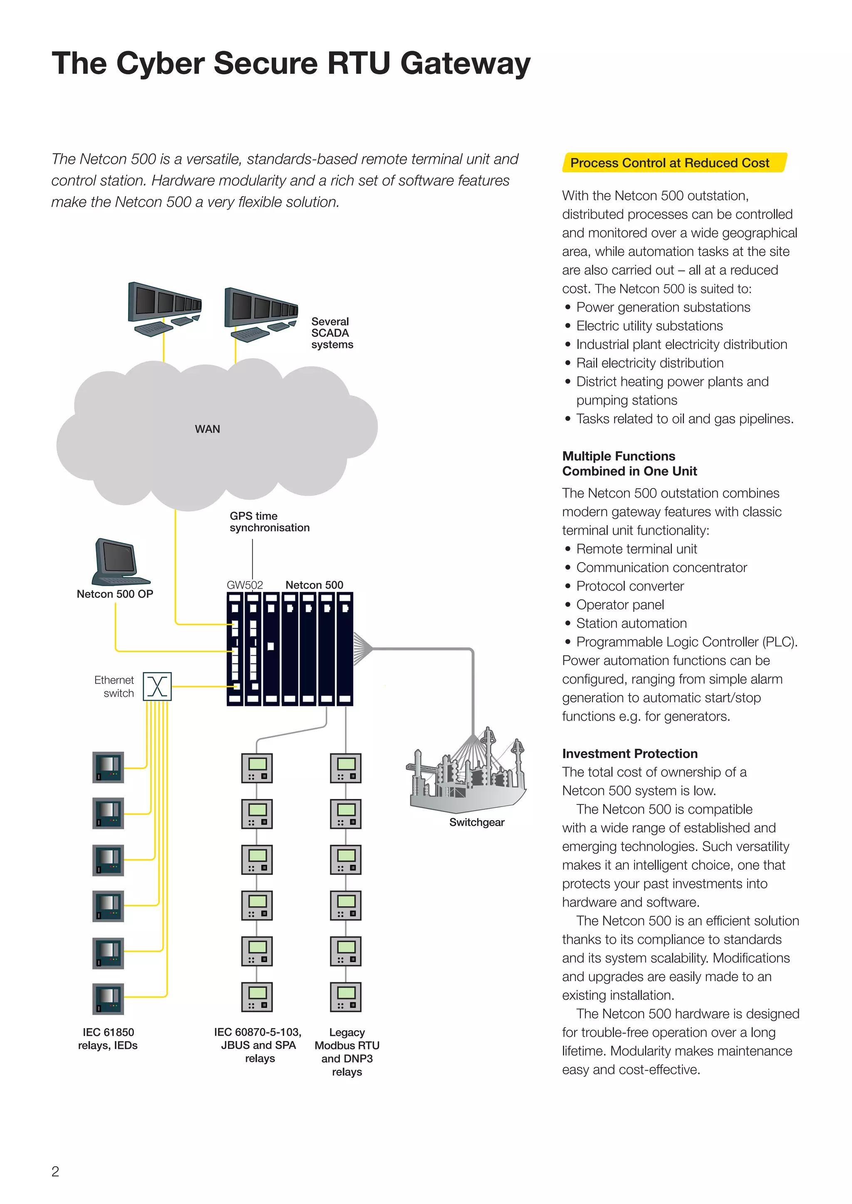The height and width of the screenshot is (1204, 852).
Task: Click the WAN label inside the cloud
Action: click(x=207, y=429)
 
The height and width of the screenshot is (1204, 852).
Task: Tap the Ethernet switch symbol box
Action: click(x=157, y=686)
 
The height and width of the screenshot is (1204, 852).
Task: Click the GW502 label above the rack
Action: click(x=245, y=585)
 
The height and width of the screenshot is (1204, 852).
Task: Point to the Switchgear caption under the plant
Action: click(x=476, y=822)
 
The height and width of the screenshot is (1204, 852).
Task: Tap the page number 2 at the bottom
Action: click(x=55, y=1171)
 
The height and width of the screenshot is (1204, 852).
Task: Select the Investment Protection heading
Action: click(x=629, y=754)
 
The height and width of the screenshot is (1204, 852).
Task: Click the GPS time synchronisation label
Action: click(x=269, y=522)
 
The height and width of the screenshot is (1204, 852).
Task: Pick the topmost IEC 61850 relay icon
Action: click(x=108, y=767)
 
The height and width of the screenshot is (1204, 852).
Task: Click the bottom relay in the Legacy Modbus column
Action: click(x=346, y=997)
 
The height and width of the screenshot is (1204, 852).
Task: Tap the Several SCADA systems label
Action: click(x=332, y=333)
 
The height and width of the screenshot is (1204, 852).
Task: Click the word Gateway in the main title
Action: click(x=465, y=64)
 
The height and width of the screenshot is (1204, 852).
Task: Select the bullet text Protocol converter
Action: click(x=629, y=586)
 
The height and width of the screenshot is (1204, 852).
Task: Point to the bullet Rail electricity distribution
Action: click(x=649, y=363)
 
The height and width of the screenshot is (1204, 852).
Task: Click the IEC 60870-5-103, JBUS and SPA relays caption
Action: click(x=258, y=1045)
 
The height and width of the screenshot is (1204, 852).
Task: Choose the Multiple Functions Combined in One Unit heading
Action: click(x=629, y=464)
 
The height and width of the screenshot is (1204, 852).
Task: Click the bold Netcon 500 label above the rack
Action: click(x=314, y=585)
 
